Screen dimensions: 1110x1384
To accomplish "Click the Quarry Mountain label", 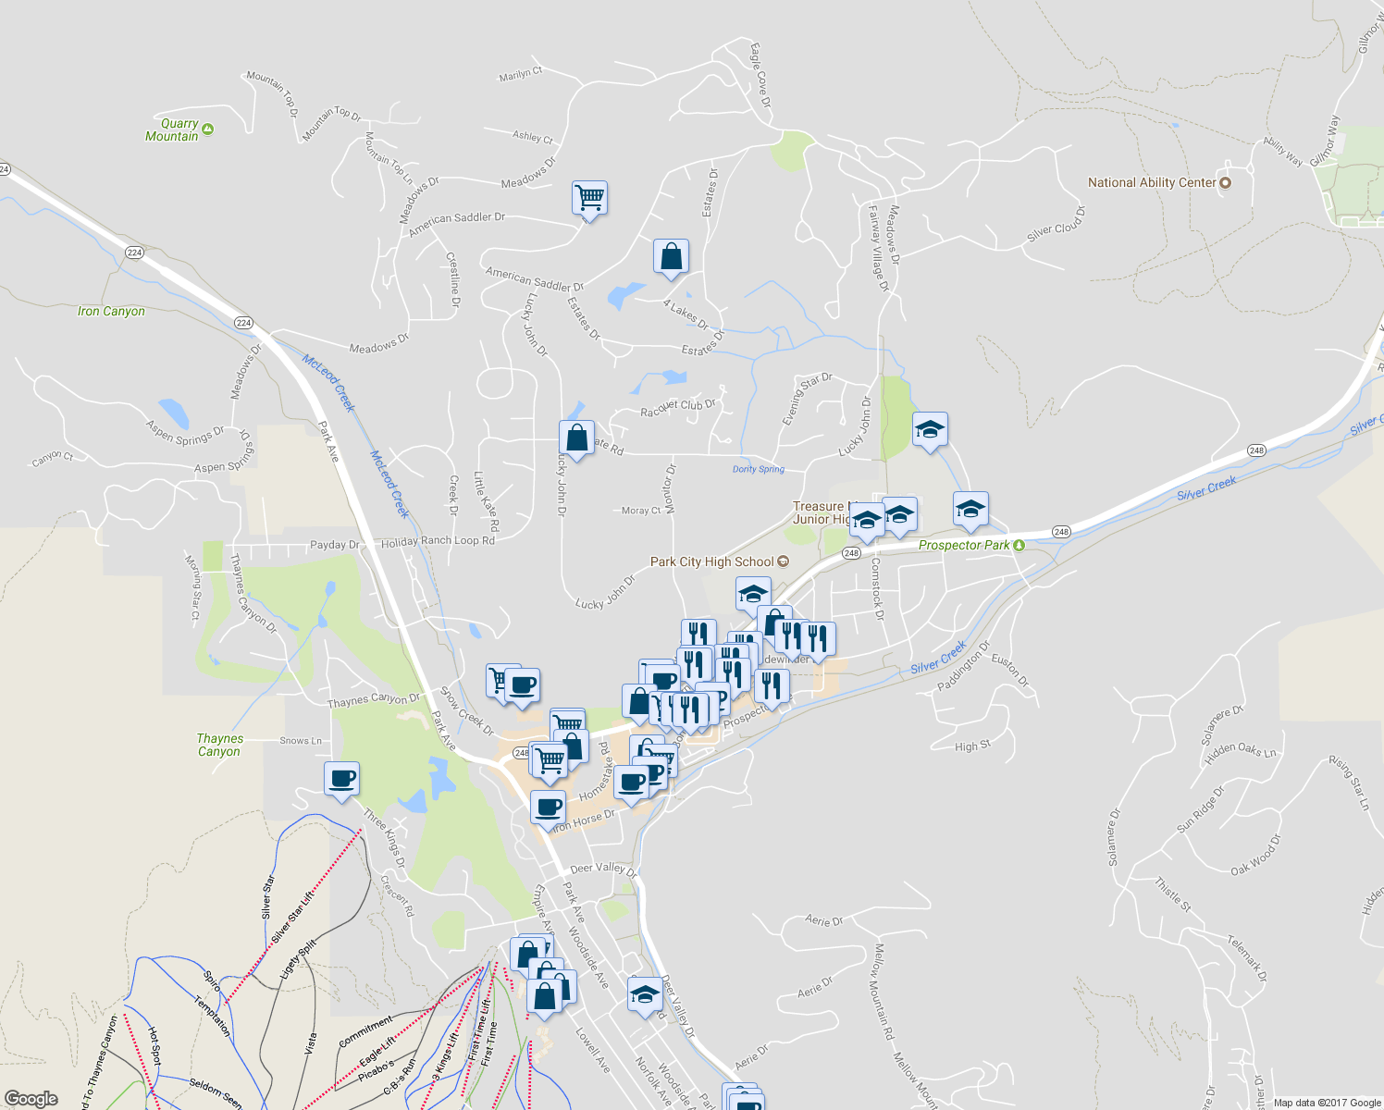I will (x=173, y=129).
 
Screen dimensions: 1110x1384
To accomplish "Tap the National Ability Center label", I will (x=1152, y=183).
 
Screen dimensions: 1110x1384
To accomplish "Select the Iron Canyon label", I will (x=111, y=312).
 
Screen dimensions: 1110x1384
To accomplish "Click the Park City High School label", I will (x=712, y=561).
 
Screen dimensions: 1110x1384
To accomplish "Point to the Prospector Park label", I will (x=964, y=545).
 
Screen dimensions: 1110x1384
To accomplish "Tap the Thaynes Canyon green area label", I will (x=219, y=745).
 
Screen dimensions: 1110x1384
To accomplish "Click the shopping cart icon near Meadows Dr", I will (x=589, y=198).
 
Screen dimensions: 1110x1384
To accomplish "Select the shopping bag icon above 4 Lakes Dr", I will (x=671, y=257).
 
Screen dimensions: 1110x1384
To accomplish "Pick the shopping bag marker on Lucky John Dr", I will (x=576, y=438).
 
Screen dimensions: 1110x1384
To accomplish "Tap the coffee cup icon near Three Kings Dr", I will (x=341, y=779).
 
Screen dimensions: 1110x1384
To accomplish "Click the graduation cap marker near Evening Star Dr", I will (x=930, y=430).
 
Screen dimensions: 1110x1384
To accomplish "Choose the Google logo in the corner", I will (x=31, y=1098).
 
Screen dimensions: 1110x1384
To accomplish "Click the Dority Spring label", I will (x=759, y=470).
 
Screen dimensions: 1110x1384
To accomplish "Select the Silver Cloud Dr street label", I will (x=1056, y=224).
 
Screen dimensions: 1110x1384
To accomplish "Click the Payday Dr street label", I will (x=334, y=545).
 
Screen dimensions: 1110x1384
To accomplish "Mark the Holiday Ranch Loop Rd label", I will (x=438, y=542).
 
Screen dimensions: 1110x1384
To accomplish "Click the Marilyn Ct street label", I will (x=521, y=74).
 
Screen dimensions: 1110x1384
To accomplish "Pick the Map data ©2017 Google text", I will (x=1326, y=1103).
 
